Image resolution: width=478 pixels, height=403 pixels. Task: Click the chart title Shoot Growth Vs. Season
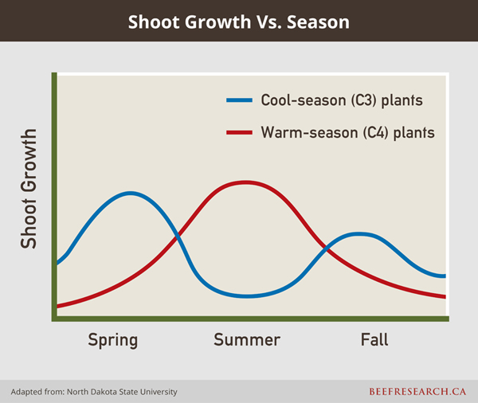(239, 22)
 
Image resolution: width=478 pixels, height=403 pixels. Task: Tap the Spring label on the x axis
(112, 340)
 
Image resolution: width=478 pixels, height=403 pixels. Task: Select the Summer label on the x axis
(247, 340)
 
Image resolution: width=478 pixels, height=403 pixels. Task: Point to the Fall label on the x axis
(374, 340)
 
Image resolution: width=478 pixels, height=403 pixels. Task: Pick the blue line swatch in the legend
(238, 100)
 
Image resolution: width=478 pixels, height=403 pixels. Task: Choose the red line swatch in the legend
(238, 132)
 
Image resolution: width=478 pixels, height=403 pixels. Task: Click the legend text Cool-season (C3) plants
(341, 100)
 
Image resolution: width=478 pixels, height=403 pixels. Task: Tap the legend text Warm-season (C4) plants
(347, 132)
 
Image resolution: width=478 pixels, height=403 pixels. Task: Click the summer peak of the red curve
(245, 182)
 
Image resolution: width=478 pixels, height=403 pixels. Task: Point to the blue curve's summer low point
(248, 295)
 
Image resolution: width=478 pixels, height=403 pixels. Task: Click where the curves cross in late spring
(178, 235)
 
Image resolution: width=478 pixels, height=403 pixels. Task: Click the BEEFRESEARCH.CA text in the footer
(418, 392)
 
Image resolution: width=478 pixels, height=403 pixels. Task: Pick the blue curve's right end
(444, 276)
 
